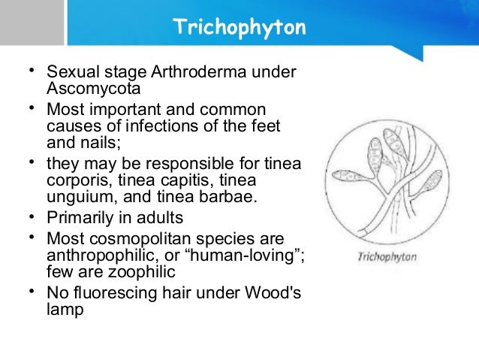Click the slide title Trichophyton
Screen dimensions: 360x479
[239, 29]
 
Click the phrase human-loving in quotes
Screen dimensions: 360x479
[244, 256]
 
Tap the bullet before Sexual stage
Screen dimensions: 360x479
[30, 73]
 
